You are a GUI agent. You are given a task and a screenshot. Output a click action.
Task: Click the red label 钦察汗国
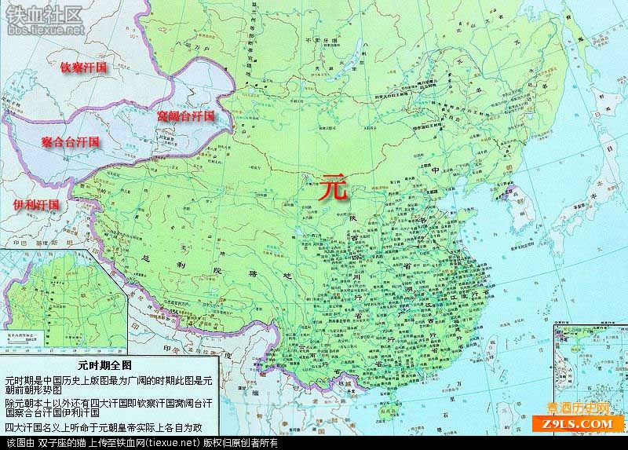coord(84,68)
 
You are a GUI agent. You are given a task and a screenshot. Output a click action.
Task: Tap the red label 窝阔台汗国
coord(185,116)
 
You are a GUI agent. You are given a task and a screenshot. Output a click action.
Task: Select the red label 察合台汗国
coord(71,142)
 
